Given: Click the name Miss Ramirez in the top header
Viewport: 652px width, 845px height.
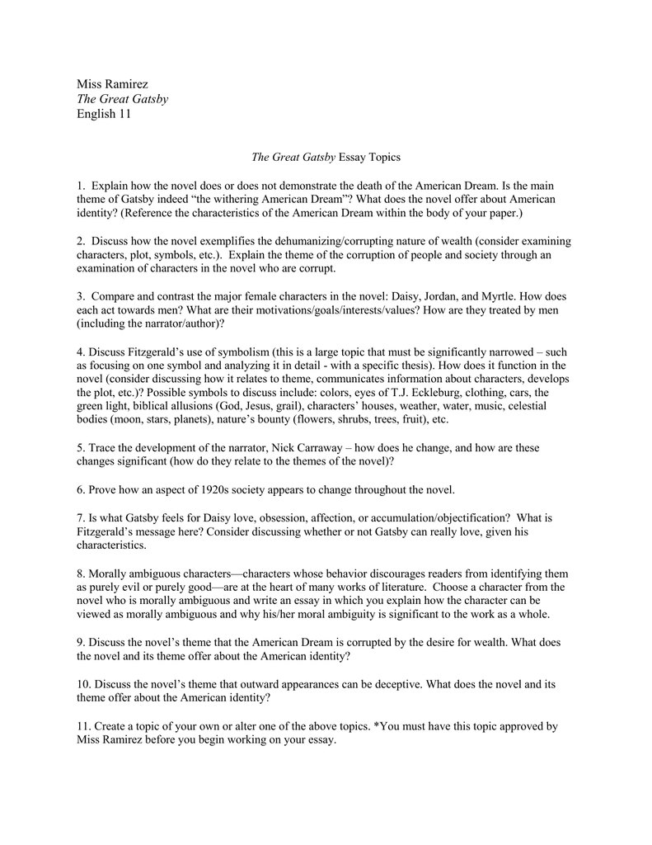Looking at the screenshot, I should pos(112,83).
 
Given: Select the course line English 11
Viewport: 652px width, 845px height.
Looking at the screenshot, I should pos(104,114).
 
